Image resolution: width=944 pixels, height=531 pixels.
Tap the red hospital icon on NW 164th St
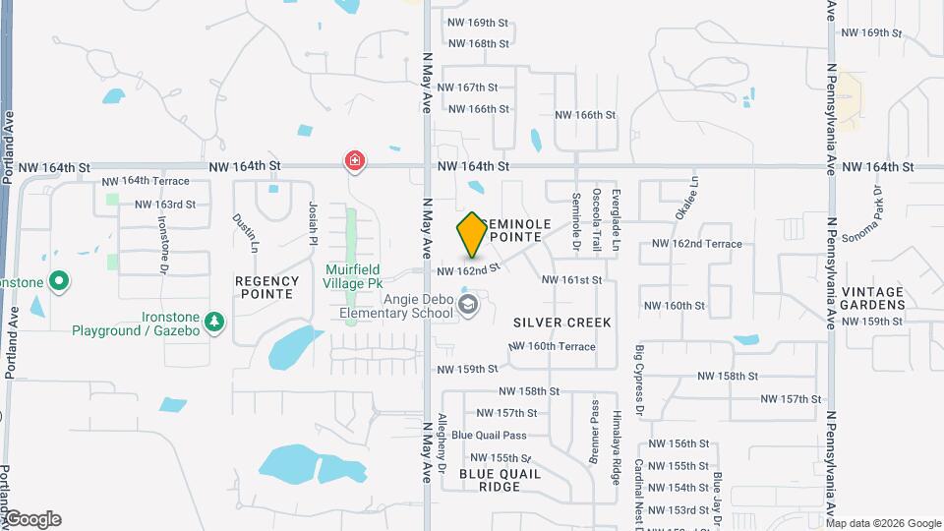coord(354,160)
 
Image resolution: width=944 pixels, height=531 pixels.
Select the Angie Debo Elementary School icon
coord(467,305)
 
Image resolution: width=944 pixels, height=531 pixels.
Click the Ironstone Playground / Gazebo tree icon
coord(214,321)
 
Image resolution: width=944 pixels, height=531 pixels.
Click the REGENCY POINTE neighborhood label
coord(265,287)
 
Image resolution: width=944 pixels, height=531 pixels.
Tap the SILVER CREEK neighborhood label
coord(561,323)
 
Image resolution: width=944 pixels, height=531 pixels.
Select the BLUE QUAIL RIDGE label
coord(500,480)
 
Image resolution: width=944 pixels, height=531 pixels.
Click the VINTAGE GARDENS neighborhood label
coord(872,298)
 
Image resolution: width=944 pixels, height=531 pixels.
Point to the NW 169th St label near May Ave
coord(478,22)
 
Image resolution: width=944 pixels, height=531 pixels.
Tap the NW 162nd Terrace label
coord(696,244)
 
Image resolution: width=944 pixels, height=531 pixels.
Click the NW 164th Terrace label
coord(146,182)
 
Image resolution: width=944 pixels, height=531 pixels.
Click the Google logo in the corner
coord(31,520)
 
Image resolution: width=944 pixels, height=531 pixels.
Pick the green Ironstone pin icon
coord(59,283)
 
